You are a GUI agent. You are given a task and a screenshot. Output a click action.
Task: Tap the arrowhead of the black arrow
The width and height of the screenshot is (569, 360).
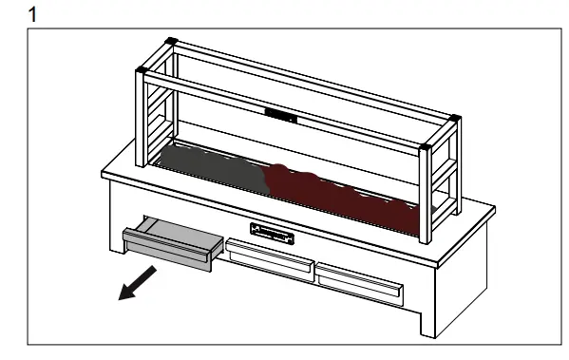coord(123,294)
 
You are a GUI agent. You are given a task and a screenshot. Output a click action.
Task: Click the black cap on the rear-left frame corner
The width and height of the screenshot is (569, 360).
coord(171,41)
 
